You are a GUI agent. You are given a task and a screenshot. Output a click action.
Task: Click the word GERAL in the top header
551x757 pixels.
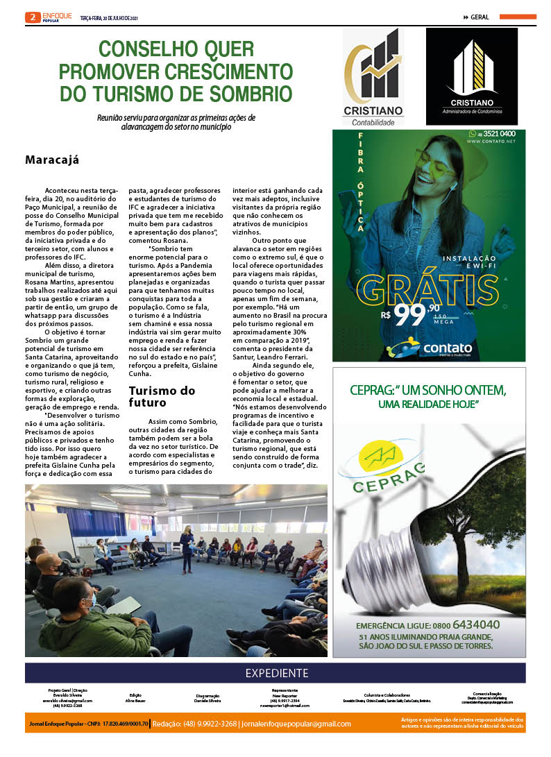[480, 17]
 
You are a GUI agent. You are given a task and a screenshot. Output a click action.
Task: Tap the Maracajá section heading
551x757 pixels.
[52, 160]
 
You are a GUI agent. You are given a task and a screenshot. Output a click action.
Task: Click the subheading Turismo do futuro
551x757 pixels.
[162, 396]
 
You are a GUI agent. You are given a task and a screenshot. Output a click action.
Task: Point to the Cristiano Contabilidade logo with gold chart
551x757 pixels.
[373, 77]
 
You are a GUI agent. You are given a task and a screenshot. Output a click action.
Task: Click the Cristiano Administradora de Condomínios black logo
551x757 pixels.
[471, 76]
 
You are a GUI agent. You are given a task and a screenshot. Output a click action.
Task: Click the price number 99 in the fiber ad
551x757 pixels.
[412, 315]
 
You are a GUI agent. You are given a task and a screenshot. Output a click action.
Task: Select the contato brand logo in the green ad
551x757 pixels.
[430, 348]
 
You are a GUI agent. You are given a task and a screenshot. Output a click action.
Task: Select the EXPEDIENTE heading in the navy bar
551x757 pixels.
[276, 673]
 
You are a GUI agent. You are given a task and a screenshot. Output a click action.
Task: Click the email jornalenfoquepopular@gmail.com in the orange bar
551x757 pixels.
[296, 724]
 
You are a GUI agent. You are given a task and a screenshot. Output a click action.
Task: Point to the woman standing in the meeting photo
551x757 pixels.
[186, 547]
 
